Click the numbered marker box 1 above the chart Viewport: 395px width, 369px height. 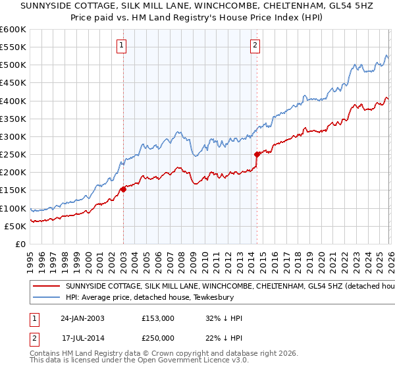tap(122, 45)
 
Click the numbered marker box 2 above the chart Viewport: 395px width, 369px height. tap(255, 45)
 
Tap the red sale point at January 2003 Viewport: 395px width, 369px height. tap(123, 190)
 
